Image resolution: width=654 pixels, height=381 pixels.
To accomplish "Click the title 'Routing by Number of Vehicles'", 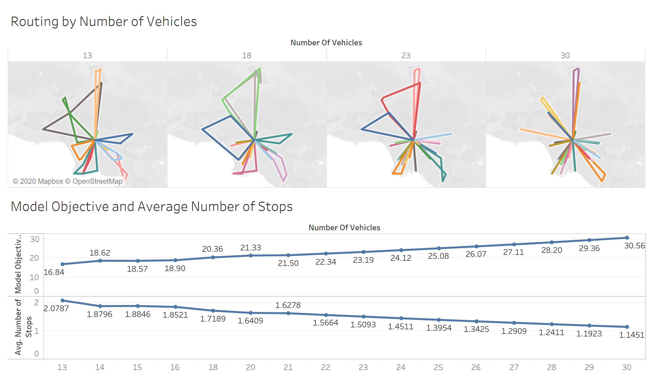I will (104, 22).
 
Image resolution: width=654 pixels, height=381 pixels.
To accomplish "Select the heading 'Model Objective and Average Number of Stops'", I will (152, 207).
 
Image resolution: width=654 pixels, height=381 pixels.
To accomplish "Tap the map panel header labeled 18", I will (246, 55).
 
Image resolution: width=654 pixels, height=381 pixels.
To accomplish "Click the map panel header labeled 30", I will (565, 55).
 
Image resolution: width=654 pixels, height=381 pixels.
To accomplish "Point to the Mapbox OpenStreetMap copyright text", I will (68, 181).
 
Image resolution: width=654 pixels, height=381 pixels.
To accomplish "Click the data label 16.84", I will (54, 272).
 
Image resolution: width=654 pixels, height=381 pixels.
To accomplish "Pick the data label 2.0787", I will (56, 308).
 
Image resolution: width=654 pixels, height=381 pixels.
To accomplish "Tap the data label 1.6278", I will (288, 305).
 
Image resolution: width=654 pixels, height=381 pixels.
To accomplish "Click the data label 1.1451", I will (631, 335).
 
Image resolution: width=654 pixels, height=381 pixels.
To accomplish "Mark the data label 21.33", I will (250, 248).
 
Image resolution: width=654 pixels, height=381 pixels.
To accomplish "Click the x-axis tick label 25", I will (438, 367).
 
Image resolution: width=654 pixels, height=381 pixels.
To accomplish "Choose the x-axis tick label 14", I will (100, 367).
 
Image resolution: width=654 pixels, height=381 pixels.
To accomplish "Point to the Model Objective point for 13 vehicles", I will (63, 264).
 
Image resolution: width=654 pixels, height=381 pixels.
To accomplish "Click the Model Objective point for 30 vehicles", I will (627, 238).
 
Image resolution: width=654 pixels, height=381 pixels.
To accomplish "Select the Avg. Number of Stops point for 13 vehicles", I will (63, 300).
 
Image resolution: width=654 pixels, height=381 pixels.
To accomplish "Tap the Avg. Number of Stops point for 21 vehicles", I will (288, 313).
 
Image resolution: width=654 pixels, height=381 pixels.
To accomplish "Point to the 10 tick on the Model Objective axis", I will (34, 277).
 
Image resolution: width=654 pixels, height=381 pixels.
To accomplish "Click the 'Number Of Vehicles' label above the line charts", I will (344, 227).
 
